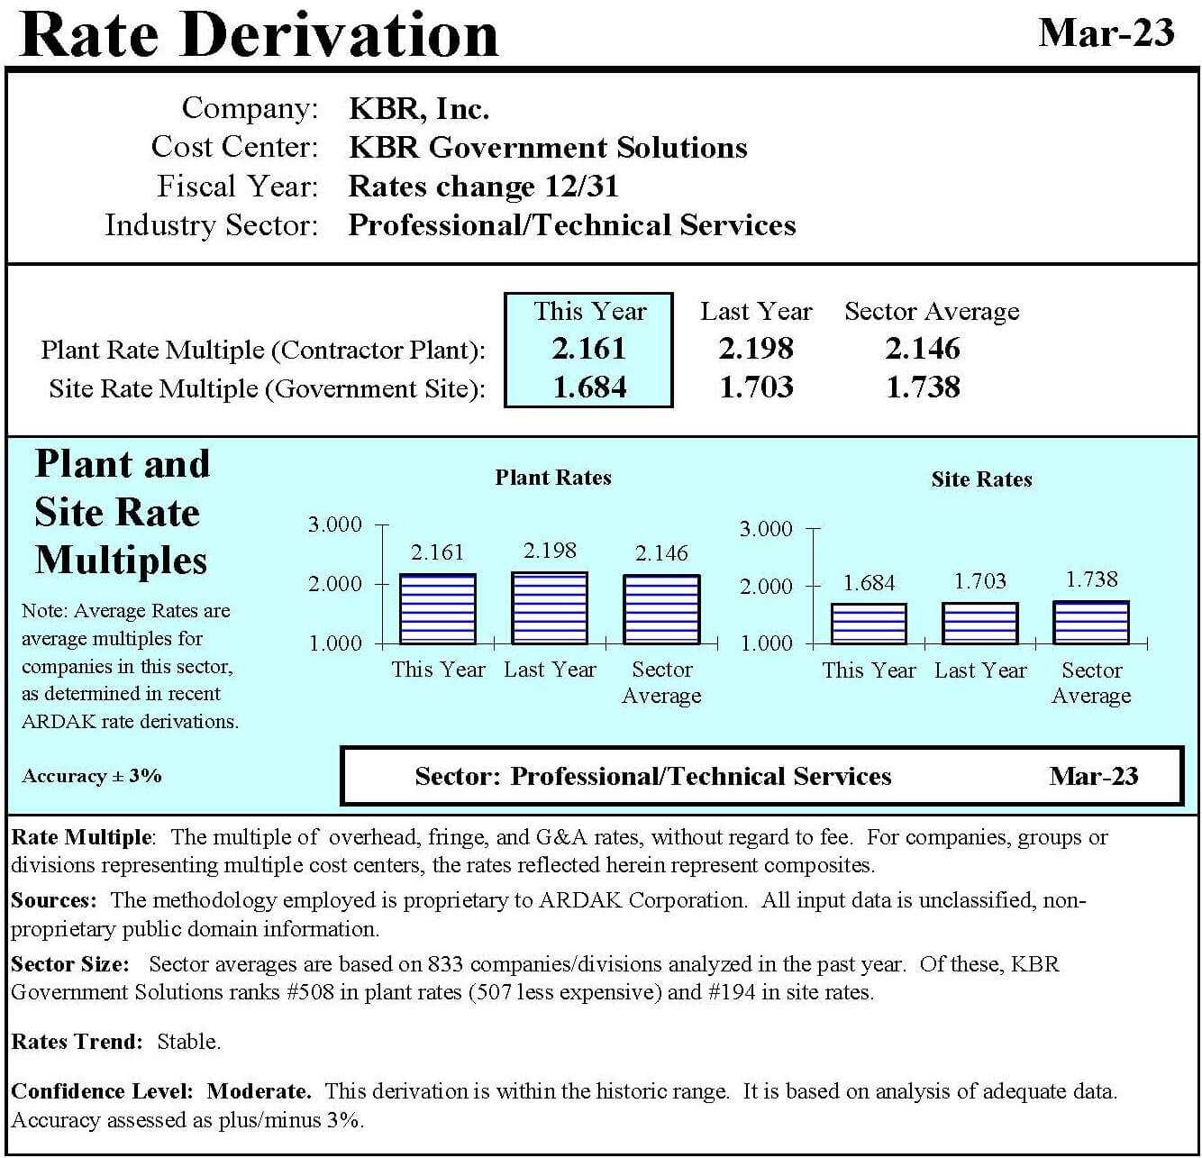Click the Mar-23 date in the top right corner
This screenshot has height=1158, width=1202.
1106,32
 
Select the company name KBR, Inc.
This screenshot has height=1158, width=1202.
418,109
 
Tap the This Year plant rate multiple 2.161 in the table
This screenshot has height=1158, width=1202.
588,349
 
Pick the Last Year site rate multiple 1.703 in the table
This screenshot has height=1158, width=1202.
756,388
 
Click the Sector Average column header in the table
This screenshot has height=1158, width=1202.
932,311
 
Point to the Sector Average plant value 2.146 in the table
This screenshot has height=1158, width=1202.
923,349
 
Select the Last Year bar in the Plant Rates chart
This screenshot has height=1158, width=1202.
550,608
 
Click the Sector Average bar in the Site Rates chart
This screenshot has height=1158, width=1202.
1090,623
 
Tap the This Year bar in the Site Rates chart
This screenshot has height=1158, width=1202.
869,624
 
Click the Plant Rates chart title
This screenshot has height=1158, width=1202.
553,478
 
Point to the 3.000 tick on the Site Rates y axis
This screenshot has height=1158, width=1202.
765,529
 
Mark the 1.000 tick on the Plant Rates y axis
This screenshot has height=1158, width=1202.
335,643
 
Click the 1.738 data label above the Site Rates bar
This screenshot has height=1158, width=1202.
1091,579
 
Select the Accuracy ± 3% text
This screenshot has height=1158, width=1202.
92,776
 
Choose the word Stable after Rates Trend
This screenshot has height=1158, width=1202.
188,1042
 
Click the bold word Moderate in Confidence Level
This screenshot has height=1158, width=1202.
259,1091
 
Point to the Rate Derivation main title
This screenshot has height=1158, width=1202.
259,34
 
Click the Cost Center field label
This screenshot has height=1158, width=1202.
234,147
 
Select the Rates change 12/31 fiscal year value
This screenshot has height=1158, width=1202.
483,187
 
